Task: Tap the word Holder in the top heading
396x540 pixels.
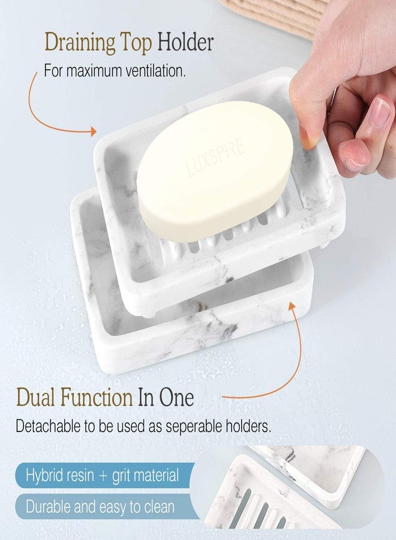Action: click(185, 43)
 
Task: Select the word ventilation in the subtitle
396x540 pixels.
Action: click(152, 71)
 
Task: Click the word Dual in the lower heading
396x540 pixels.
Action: click(36, 397)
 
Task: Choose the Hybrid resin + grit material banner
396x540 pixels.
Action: click(102, 476)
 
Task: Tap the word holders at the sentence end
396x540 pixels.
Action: click(245, 427)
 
